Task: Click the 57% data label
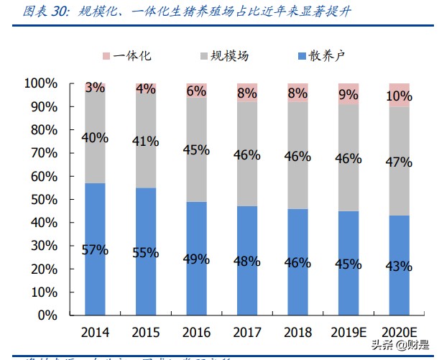(x=95, y=250)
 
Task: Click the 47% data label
(x=398, y=162)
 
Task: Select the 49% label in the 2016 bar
(x=197, y=258)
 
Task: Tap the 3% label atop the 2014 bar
(x=95, y=88)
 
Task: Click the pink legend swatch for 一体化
(x=106, y=56)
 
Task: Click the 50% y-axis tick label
(x=43, y=200)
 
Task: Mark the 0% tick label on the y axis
(x=47, y=315)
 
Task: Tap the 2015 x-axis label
(x=146, y=333)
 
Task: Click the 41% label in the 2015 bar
(x=146, y=142)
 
